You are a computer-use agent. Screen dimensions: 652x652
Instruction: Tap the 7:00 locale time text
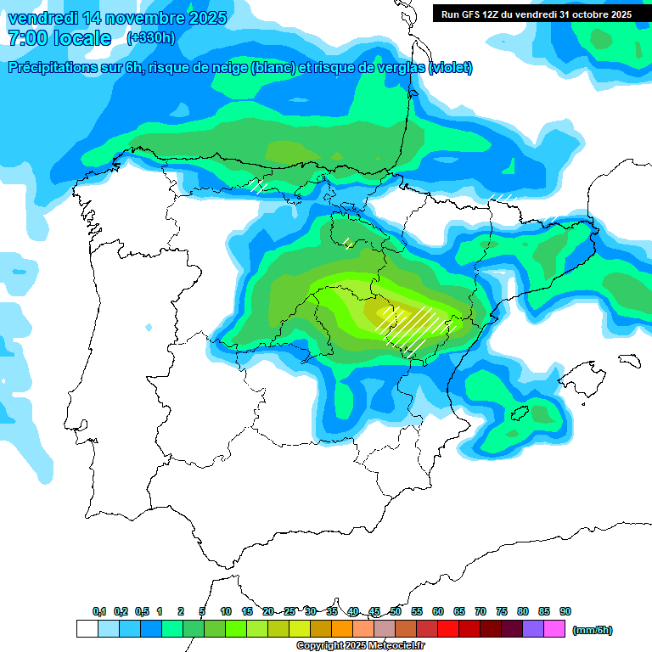coord(59,38)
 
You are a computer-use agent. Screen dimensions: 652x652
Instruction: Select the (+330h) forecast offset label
coord(150,38)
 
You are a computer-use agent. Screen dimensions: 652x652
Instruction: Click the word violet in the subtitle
coord(451,68)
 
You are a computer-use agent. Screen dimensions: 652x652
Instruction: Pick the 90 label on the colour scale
coord(565,611)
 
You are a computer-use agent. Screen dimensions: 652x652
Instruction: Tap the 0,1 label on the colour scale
coord(99,611)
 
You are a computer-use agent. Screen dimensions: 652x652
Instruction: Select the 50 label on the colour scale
coord(396,611)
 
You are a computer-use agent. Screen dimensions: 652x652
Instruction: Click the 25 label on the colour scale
coord(289,611)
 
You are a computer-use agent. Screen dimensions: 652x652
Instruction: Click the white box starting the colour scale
coord(87,629)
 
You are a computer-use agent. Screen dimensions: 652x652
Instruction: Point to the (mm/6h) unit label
coord(593,630)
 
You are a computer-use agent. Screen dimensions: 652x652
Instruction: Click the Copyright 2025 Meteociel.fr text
coord(360,646)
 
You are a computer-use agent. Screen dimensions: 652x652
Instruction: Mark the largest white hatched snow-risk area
coord(414,329)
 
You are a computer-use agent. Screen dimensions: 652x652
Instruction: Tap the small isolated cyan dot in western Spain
coord(149,327)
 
